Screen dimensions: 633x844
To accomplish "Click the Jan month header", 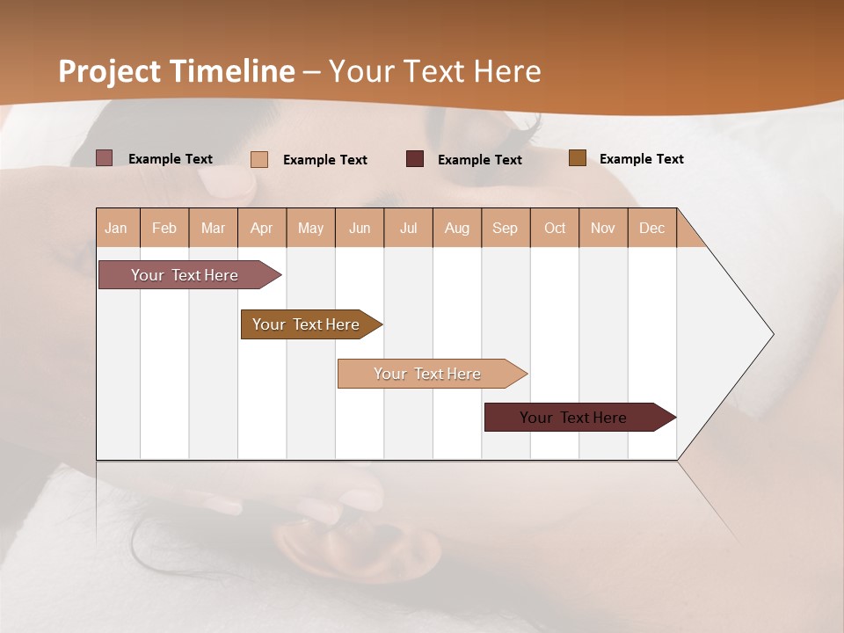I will pyautogui.click(x=116, y=228).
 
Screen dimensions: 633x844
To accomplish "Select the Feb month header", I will pyautogui.click(x=164, y=228).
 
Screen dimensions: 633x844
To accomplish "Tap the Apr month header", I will pyautogui.click(x=261, y=228).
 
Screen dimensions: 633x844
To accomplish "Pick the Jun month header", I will pyautogui.click(x=360, y=228).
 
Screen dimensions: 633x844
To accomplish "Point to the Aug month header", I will pyautogui.click(x=456, y=228).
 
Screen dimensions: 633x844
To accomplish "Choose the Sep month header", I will pyautogui.click(x=505, y=228).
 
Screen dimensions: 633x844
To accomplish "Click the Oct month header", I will pyautogui.click(x=555, y=228).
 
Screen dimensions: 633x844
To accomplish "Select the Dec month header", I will pyautogui.click(x=651, y=228).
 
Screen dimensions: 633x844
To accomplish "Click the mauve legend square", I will pyautogui.click(x=105, y=158).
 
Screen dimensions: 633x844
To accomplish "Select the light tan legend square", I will pyautogui.click(x=259, y=159).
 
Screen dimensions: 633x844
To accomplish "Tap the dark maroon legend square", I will pyautogui.click(x=415, y=159).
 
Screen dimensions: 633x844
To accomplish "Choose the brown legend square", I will pyautogui.click(x=578, y=158).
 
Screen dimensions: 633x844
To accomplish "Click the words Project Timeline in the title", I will pyautogui.click(x=177, y=71).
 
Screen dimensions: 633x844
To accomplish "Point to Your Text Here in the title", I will pyautogui.click(x=435, y=71).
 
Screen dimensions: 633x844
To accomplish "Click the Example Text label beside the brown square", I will pyautogui.click(x=641, y=159).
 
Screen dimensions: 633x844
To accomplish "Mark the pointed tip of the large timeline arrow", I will pyautogui.click(x=772, y=334).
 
